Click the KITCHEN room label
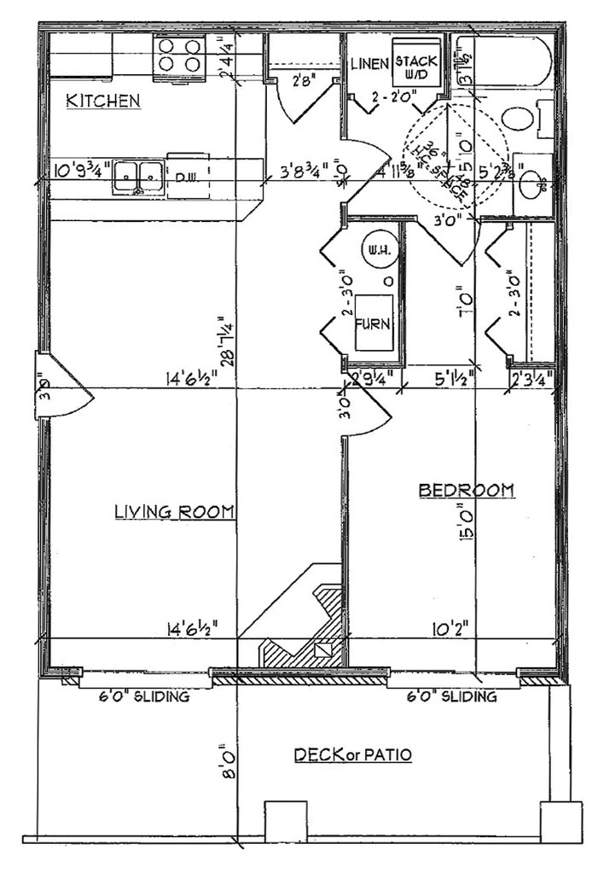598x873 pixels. (x=103, y=102)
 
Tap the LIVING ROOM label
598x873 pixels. (x=175, y=512)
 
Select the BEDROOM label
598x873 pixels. (x=466, y=490)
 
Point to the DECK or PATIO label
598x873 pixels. (x=352, y=755)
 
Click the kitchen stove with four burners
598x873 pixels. (x=179, y=55)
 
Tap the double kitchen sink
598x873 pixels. (x=137, y=177)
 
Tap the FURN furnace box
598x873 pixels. (x=374, y=323)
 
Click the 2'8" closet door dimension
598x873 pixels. (x=303, y=83)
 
